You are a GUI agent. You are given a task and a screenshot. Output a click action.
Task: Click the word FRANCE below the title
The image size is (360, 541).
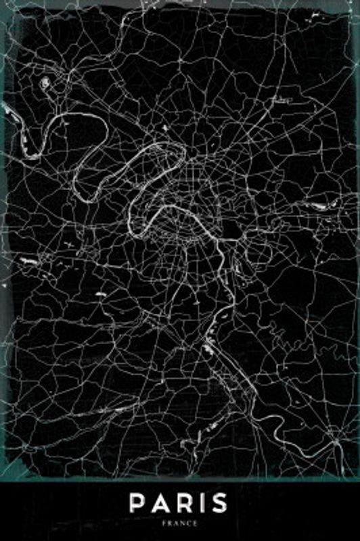[180, 523]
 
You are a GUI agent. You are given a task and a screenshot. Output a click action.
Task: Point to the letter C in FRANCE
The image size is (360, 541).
[189, 523]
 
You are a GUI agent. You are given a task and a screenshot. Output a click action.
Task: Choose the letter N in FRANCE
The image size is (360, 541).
[183, 523]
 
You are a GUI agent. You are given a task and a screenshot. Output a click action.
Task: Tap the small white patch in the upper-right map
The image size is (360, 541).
[278, 99]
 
